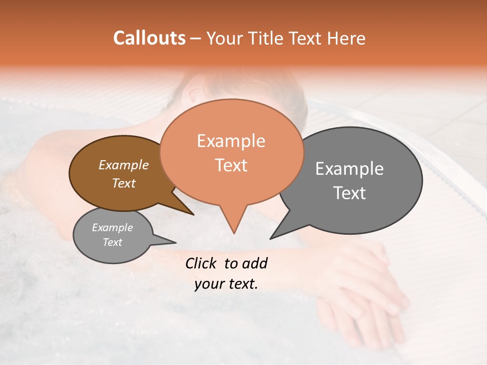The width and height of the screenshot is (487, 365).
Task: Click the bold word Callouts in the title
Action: [x=149, y=38]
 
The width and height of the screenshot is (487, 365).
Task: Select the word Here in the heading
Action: [x=346, y=38]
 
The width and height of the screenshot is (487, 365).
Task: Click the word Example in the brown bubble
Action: [x=124, y=165]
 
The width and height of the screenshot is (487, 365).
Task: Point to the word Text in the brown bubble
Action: [x=124, y=183]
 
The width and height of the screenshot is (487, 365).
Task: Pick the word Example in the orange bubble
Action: [x=231, y=141]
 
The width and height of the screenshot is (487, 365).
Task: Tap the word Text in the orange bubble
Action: [x=231, y=165]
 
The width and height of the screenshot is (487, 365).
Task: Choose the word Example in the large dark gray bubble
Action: [x=350, y=169]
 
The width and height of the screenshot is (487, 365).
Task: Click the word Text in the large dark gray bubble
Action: [x=350, y=193]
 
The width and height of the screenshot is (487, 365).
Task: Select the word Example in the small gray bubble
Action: [x=113, y=228]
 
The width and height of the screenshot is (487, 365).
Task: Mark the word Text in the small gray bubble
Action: [x=113, y=242]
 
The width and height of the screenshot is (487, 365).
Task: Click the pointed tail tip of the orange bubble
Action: [x=234, y=233]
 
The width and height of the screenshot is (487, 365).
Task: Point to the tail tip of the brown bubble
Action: [x=193, y=214]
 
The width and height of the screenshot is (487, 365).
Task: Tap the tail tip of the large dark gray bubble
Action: [x=271, y=238]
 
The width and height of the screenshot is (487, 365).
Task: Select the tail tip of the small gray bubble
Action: [x=175, y=242]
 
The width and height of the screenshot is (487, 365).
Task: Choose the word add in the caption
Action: [x=254, y=263]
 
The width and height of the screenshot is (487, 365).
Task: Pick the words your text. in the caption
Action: [x=226, y=284]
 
